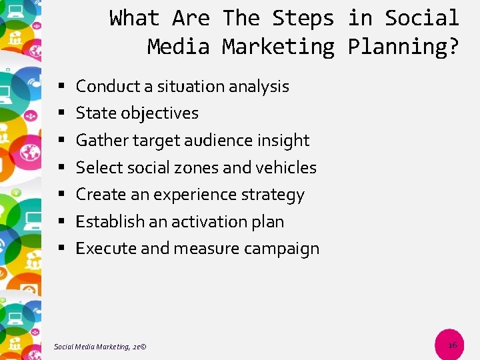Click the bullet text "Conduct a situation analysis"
pos(182,86)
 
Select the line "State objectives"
pos(137,113)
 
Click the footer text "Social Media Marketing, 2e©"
pos(100,345)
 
